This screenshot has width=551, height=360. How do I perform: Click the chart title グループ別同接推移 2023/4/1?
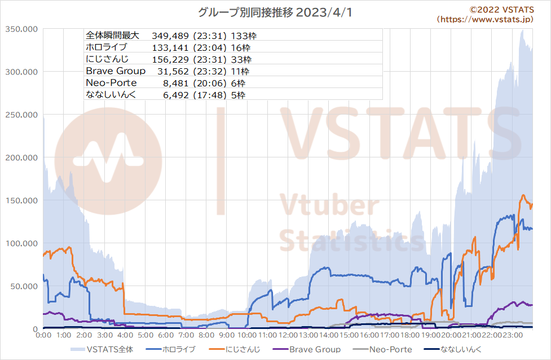coord(275,12)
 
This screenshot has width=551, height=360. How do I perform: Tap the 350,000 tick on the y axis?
coord(21,29)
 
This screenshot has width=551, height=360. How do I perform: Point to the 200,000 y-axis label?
coord(21,158)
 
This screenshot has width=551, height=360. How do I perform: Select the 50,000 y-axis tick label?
coord(24,287)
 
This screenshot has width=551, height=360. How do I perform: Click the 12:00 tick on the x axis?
coord(288,335)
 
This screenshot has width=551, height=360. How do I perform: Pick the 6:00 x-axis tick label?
coord(166,335)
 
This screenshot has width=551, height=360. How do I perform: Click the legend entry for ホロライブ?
coord(171,349)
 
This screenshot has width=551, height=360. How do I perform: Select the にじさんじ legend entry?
coord(235,349)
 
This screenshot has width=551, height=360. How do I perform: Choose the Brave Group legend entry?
coord(306,349)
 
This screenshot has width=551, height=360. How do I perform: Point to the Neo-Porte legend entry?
coord(382,349)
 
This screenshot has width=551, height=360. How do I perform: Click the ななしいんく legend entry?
coord(453,349)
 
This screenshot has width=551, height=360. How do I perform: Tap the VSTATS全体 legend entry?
coord(102,349)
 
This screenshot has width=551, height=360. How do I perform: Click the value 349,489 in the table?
coord(170,36)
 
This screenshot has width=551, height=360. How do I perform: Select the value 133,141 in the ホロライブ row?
coord(170,48)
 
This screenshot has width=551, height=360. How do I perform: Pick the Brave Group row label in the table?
coord(116,71)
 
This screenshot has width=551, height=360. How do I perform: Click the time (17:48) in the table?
coord(210,95)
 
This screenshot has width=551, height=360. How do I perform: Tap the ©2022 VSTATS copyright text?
coord(501,10)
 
